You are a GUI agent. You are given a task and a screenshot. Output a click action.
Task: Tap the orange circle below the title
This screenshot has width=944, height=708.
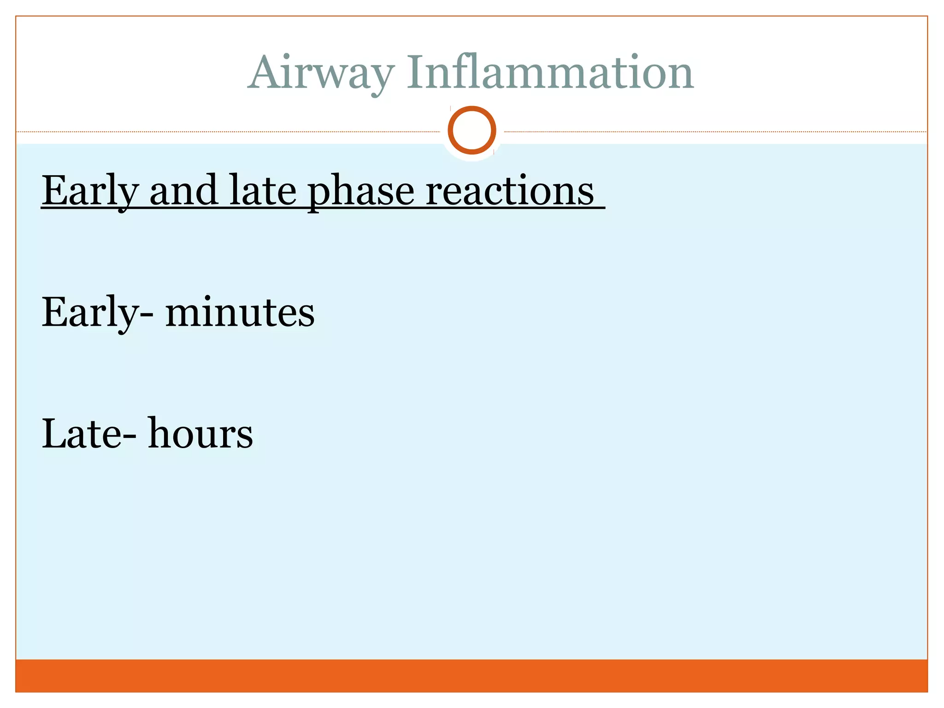pyautogui.click(x=472, y=130)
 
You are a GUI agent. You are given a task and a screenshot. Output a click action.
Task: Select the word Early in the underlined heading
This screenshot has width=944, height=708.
pyautogui.click(x=90, y=191)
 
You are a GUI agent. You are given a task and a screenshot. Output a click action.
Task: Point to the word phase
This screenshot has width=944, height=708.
pyautogui.click(x=361, y=191)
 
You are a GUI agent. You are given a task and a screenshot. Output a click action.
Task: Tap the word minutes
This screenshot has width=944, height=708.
pyautogui.click(x=240, y=312)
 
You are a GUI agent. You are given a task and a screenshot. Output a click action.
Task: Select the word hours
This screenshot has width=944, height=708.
pyautogui.click(x=200, y=433)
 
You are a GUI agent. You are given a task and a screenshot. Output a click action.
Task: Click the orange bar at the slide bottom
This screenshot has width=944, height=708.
pyautogui.click(x=472, y=675)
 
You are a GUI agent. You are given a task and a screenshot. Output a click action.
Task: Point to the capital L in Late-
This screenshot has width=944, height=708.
pyautogui.click(x=54, y=433)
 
